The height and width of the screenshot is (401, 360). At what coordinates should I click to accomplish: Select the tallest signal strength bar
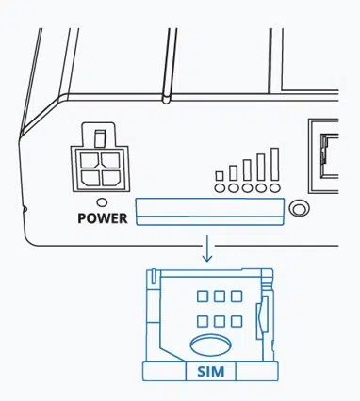(x=274, y=165)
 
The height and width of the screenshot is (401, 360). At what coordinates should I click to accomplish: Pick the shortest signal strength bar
(x=220, y=175)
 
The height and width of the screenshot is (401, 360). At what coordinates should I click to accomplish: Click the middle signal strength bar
(x=247, y=169)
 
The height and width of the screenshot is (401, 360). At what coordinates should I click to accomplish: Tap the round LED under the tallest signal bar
(x=274, y=187)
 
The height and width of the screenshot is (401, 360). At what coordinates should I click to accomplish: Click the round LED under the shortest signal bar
(x=220, y=187)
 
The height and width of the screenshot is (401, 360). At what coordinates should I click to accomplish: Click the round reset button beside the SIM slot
(x=300, y=209)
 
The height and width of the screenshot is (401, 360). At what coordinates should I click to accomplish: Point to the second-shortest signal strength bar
(x=233, y=172)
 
